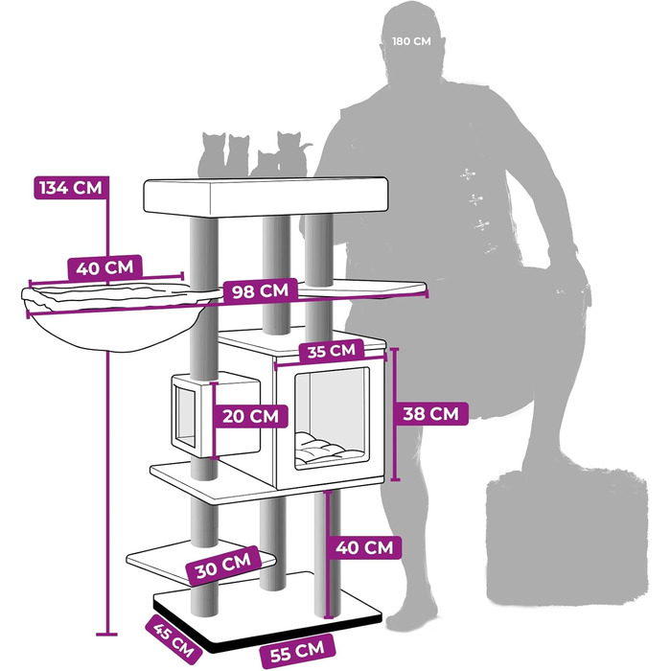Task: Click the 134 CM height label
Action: (x=71, y=188)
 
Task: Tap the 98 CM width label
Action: (x=260, y=291)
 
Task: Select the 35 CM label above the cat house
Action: (x=332, y=351)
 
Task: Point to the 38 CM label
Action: (x=430, y=414)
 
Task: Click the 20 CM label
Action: (x=251, y=416)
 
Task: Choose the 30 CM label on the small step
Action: (x=223, y=566)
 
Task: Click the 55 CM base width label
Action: (x=297, y=652)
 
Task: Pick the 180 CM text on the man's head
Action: (x=411, y=41)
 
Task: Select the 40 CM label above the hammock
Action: (x=104, y=267)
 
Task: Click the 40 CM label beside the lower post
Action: (x=364, y=547)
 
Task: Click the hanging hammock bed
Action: (x=116, y=314)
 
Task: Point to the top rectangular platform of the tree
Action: (x=266, y=196)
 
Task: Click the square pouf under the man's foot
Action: (x=567, y=536)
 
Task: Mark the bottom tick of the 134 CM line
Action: (x=106, y=635)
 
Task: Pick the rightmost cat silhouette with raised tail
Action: (x=293, y=153)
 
